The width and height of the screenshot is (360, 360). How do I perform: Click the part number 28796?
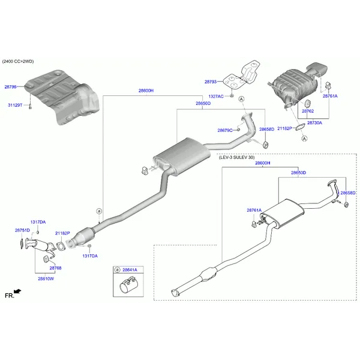[x=11, y=87]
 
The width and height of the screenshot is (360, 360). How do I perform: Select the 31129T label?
[x=15, y=105]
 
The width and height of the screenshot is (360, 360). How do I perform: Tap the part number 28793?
[x=211, y=82]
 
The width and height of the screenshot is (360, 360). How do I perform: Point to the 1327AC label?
[x=216, y=96]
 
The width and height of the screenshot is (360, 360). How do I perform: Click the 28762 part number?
[x=308, y=111]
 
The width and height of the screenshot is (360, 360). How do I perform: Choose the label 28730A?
[x=314, y=122]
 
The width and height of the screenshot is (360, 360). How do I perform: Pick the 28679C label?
[x=225, y=130]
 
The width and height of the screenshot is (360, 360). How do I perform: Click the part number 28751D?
[x=22, y=230]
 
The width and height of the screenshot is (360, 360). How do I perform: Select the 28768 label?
[x=55, y=268]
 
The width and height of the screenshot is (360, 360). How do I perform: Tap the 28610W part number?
[x=46, y=278]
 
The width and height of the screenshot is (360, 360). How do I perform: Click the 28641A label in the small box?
[x=130, y=271]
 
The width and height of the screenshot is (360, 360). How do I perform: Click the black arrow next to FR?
[x=17, y=292]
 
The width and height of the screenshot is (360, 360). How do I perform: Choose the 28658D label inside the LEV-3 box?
[x=348, y=193]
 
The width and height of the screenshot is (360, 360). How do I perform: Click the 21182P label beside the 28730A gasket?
[x=285, y=128]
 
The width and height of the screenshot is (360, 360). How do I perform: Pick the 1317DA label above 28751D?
[x=38, y=222]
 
